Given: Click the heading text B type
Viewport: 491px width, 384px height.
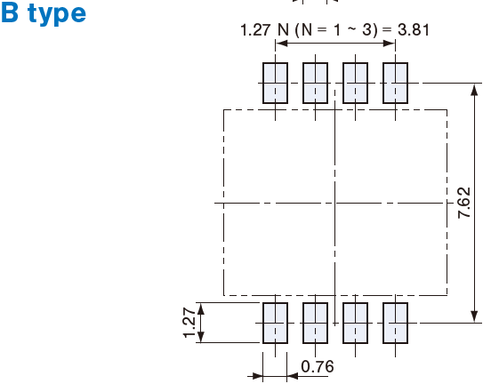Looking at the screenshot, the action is click(x=44, y=13).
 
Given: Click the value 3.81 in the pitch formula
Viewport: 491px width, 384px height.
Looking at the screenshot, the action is click(x=414, y=30).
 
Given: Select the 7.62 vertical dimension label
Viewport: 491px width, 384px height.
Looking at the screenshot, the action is click(x=464, y=203).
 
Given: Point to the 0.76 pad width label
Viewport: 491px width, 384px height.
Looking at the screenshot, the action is click(x=318, y=366).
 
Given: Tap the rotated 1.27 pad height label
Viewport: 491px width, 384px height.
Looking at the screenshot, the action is click(x=189, y=323).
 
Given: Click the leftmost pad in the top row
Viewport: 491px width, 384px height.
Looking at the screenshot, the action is click(x=275, y=83).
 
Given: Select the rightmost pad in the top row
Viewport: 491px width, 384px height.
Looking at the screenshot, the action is click(x=395, y=83).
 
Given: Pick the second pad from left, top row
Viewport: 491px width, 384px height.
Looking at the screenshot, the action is click(x=316, y=83).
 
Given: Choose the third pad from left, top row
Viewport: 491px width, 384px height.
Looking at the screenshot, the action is click(x=356, y=83).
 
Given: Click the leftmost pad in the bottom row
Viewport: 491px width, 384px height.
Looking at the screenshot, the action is click(x=275, y=323).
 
